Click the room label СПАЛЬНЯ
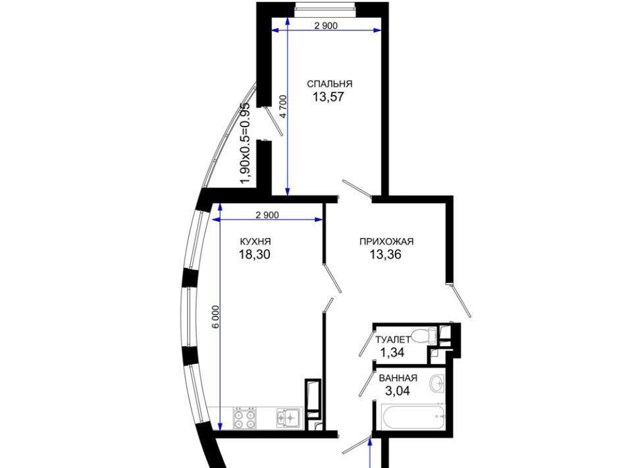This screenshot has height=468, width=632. coord(330,84)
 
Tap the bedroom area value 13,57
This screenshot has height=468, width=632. coord(328,97)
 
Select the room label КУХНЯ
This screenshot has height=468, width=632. coord(255,242)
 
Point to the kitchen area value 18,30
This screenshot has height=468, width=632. coord(255,254)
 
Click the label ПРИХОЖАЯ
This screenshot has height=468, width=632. coord(386,242)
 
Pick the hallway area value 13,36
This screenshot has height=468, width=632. coord(386,254)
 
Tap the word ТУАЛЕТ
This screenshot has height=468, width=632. coord(392,339)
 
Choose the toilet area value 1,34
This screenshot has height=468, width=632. coord(392,353)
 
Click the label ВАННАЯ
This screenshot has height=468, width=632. coord(398,378)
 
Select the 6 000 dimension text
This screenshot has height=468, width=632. coord(216,317)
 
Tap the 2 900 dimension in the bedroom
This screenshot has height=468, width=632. coord(326,26)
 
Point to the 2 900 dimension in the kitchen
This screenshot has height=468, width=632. coord(267,215)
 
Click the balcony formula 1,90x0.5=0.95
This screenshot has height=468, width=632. coord(245,143)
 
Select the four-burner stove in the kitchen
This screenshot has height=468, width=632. coord(244,419)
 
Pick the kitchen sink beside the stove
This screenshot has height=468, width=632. coord(289,417)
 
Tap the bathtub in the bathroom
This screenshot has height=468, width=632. coord(413,417)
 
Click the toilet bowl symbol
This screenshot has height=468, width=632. coord(424,334)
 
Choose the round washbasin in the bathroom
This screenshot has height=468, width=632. coord(436,383)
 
